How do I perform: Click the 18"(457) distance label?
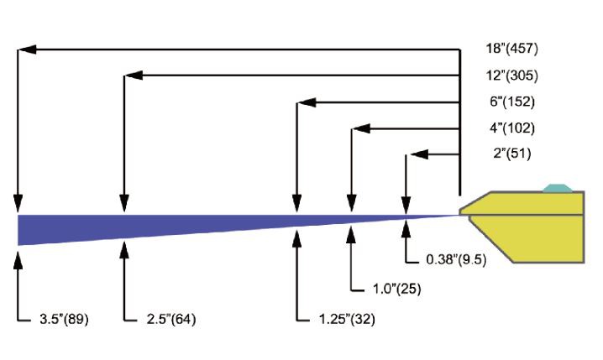[x=511, y=49]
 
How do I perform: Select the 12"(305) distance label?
[x=511, y=76]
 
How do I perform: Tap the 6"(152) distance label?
[x=512, y=102]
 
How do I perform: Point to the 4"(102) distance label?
[x=512, y=128]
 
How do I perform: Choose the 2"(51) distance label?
[x=512, y=154]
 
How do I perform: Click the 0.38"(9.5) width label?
[x=456, y=260]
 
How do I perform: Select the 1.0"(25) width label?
[x=397, y=289]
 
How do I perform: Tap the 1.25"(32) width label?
[x=347, y=319]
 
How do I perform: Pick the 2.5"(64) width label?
[x=171, y=319]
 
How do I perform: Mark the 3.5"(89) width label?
[x=64, y=319]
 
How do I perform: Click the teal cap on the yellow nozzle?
[x=558, y=188]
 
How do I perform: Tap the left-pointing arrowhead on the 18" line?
[x=28, y=50]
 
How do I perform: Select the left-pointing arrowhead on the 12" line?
[x=134, y=76]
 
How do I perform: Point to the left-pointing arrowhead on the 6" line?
[x=307, y=102]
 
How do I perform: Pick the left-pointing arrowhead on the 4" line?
[x=361, y=128]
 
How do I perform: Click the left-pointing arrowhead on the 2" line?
[x=419, y=154]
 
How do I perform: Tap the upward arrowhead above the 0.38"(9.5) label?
[x=406, y=228]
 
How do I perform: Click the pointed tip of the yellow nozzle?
[x=460, y=212]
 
